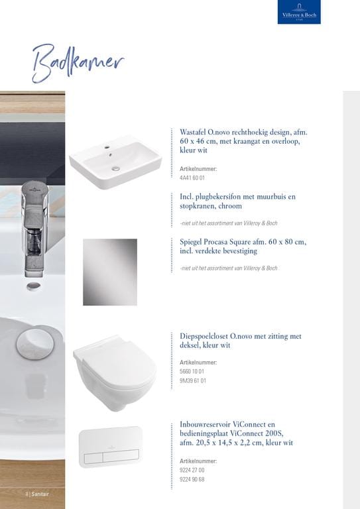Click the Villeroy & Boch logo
tap(299, 12)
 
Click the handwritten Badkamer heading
tap(78, 64)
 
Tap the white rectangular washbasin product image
tap(115, 162)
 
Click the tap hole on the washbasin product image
tap(107, 148)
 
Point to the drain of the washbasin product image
tap(116, 168)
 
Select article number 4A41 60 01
tap(192, 178)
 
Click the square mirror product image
tap(110, 272)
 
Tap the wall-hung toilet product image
tap(115, 373)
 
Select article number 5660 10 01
tap(192, 371)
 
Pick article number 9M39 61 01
tap(193, 380)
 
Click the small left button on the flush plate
tap(93, 458)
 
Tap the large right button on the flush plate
tap(121, 456)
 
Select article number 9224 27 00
tap(192, 470)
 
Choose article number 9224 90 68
tap(192, 479)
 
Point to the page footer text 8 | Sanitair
tap(37, 494)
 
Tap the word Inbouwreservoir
tap(205, 424)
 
